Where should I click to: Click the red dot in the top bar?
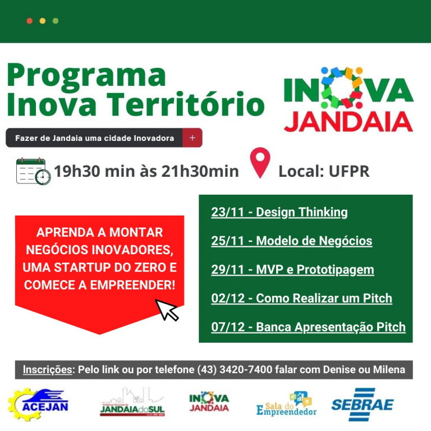click(30, 21)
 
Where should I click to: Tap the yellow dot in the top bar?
click(43, 21)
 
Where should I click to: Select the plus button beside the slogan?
click(192, 137)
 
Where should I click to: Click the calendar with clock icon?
click(33, 171)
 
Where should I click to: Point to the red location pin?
click(260, 163)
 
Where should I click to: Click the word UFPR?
click(349, 171)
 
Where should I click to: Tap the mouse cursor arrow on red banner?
click(167, 310)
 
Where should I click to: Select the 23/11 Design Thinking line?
click(279, 213)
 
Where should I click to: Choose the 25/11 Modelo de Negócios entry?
click(292, 241)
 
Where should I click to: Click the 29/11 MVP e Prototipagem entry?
click(292, 270)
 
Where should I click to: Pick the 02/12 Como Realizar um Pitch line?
click(301, 299)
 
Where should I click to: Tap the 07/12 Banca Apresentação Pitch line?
click(309, 327)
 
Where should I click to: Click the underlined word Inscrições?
click(48, 370)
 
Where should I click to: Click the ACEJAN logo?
click(38, 404)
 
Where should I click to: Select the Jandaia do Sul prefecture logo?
click(132, 403)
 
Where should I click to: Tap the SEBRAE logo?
click(363, 404)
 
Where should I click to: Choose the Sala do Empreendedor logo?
click(286, 404)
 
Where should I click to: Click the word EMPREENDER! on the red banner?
click(133, 285)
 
